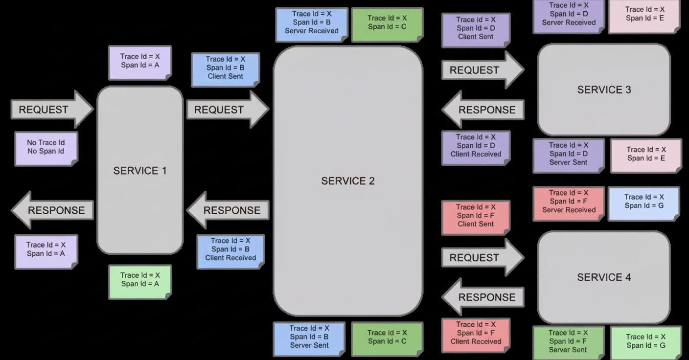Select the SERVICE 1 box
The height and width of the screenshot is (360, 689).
(x=140, y=170)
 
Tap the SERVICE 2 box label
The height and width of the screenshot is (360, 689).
(x=347, y=181)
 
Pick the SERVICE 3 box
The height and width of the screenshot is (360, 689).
(x=604, y=90)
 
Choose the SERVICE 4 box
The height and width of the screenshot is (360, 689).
(x=604, y=277)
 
